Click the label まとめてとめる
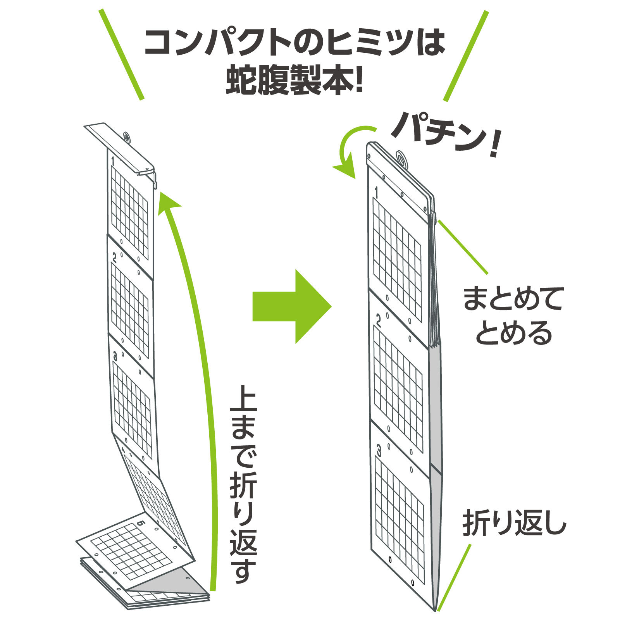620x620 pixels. (513, 315)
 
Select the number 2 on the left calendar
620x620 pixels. (115, 257)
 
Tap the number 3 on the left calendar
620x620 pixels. (115, 356)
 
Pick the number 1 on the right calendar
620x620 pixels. (376, 193)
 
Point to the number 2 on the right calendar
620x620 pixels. (378, 320)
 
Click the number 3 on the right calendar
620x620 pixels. (379, 450)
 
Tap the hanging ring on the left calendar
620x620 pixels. (127, 136)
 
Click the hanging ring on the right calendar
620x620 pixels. (401, 159)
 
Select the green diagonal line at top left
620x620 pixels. (122, 55)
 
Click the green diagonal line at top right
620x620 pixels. (465, 56)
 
